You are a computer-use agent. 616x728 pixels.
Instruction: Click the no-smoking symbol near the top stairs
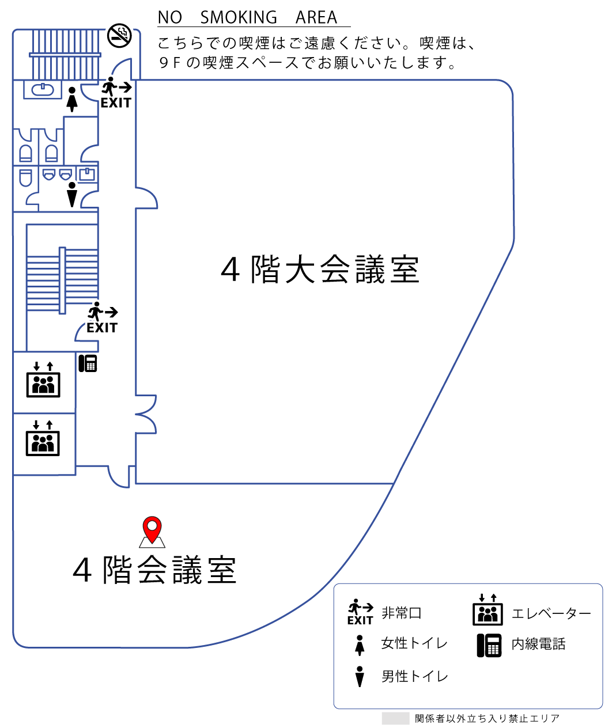(x=119, y=36)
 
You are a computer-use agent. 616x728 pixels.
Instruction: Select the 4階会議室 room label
(x=154, y=570)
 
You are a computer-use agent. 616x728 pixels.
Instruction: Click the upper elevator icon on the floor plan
(x=43, y=380)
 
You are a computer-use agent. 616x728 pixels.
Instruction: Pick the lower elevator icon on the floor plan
(x=43, y=438)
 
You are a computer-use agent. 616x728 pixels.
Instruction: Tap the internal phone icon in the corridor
(x=88, y=363)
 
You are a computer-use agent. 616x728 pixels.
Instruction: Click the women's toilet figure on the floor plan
(x=72, y=99)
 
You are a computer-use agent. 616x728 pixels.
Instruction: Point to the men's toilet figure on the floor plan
(x=72, y=195)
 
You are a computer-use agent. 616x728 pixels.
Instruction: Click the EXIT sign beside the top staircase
(x=116, y=92)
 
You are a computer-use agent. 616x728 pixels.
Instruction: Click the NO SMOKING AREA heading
(x=247, y=17)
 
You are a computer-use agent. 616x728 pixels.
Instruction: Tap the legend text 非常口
(x=402, y=613)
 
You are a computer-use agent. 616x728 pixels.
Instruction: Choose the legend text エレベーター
(x=551, y=613)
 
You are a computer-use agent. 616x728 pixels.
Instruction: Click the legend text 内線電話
(x=538, y=644)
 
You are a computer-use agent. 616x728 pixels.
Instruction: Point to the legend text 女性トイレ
(x=414, y=643)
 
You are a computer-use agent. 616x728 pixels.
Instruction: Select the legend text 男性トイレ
(x=415, y=676)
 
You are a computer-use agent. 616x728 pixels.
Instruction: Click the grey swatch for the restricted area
(x=395, y=718)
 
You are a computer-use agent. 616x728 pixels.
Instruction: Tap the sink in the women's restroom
(x=43, y=89)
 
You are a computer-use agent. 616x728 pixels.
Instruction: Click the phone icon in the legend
(x=489, y=645)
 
